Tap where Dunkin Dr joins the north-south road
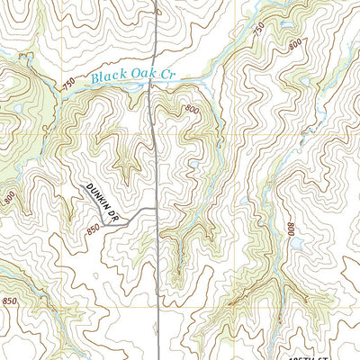[x=159, y=209]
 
